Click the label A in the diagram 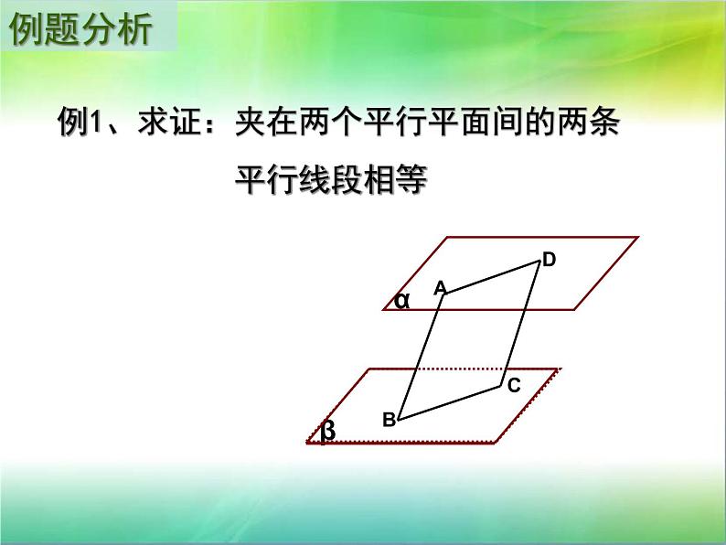tap(440, 287)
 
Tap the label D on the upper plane tap(549, 260)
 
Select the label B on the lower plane tap(389, 420)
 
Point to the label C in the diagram tap(514, 385)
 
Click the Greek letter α tap(402, 300)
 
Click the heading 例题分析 tap(80, 30)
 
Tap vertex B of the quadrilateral tap(399, 421)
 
